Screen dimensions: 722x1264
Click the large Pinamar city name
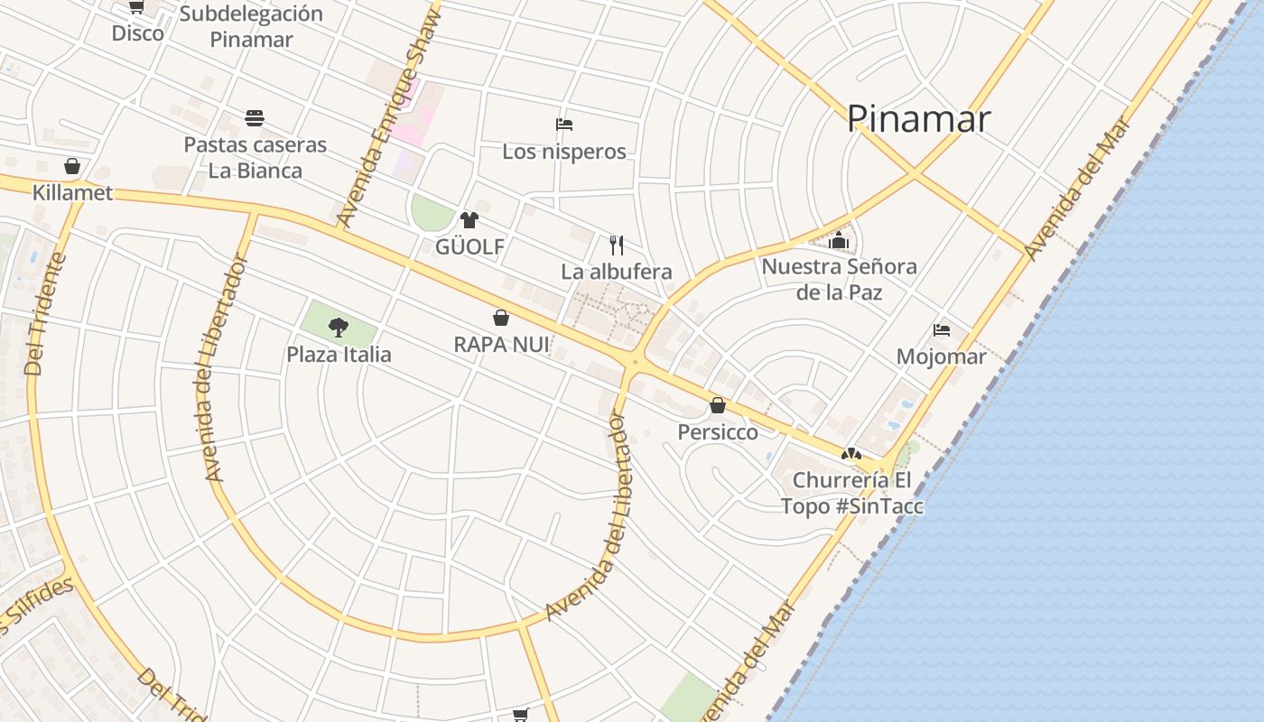(x=918, y=119)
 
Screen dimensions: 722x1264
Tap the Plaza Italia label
(x=339, y=355)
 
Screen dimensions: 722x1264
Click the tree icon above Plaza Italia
(x=339, y=327)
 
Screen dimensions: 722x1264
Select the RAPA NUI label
(x=501, y=344)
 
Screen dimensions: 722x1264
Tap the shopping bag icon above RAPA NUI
(x=501, y=318)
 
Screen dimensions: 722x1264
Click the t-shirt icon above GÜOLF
(x=469, y=219)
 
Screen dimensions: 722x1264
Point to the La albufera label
(x=617, y=272)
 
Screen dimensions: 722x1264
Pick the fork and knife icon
(x=617, y=245)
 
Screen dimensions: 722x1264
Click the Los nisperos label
(x=564, y=152)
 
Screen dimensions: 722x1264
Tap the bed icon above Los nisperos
(x=564, y=125)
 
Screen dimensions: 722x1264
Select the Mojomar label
(x=941, y=356)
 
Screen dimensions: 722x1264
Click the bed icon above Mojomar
(x=942, y=330)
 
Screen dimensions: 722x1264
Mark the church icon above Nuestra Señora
(x=840, y=241)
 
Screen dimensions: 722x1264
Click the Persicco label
(x=718, y=432)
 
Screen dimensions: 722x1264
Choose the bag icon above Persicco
(x=718, y=405)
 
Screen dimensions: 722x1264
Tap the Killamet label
(x=72, y=193)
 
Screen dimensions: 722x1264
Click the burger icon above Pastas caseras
(x=255, y=118)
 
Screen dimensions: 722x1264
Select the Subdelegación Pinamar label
(x=251, y=26)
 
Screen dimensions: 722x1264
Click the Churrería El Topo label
(x=852, y=493)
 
